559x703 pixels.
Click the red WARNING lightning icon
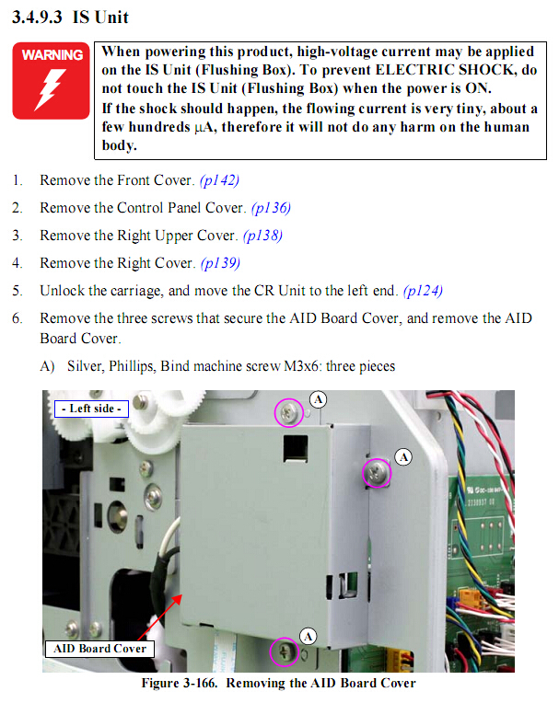pos(52,81)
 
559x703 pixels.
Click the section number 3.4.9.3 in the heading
pos(37,17)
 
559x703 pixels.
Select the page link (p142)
pos(219,180)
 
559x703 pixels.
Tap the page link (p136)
pos(271,208)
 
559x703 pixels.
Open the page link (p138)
pos(262,236)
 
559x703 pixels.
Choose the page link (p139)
pos(220,263)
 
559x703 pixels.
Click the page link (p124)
pos(423,291)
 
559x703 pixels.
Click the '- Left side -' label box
pos(91,409)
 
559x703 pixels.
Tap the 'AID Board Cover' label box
pos(99,649)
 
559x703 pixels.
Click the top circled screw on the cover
pos(289,412)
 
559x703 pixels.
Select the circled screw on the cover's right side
pos(377,473)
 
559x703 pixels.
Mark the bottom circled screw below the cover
pos(285,651)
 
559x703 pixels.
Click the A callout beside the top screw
pos(318,399)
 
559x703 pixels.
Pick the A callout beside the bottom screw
pos(308,636)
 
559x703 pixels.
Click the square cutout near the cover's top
pos(296,448)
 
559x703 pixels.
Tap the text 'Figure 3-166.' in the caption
pos(180,684)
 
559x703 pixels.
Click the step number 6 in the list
pos(17,318)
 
